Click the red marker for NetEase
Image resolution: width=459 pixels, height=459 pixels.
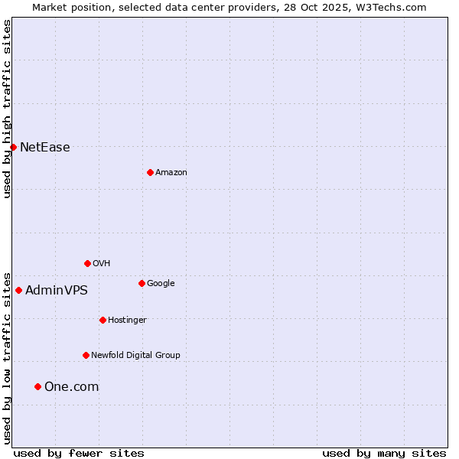pos(13,147)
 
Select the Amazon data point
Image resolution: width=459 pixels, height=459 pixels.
pos(150,172)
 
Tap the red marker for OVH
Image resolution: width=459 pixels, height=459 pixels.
pos(87,263)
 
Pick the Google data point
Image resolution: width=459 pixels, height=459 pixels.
pos(142,283)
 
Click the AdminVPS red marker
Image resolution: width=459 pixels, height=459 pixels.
pos(18,290)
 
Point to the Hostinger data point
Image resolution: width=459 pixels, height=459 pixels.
pos(103,320)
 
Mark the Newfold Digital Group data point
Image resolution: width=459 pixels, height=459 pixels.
pos(86,355)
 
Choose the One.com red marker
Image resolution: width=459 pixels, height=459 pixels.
pos(37,386)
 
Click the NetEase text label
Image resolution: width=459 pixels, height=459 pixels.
pos(44,148)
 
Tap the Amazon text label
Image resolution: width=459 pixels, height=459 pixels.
pos(171,172)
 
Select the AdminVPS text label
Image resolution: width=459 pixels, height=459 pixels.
pos(56,291)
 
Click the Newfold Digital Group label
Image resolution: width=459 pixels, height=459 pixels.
pos(135,355)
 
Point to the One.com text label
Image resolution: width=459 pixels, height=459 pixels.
pos(71,387)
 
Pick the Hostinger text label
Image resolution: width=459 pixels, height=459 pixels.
pos(127,320)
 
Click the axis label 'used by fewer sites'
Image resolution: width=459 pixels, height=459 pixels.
pos(79,453)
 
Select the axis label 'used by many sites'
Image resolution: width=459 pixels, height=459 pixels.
pos(384,453)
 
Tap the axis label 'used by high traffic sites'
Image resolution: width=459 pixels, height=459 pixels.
pos(7,109)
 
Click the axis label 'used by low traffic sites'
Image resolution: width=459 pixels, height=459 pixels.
pos(7,358)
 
